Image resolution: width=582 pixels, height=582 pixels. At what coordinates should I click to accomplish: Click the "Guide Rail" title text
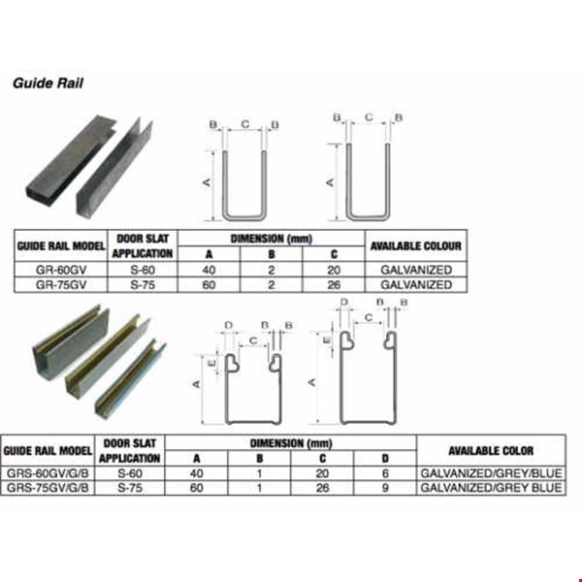[48, 83]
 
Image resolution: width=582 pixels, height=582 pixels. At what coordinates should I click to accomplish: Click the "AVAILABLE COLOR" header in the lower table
[490, 450]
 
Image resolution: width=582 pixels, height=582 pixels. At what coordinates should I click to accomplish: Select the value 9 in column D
[384, 488]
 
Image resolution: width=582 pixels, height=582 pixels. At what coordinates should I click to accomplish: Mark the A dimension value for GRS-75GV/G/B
[197, 488]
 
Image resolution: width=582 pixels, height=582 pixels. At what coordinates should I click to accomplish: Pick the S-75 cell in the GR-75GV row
[144, 285]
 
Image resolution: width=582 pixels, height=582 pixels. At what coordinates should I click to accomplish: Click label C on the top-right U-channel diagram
[369, 117]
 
